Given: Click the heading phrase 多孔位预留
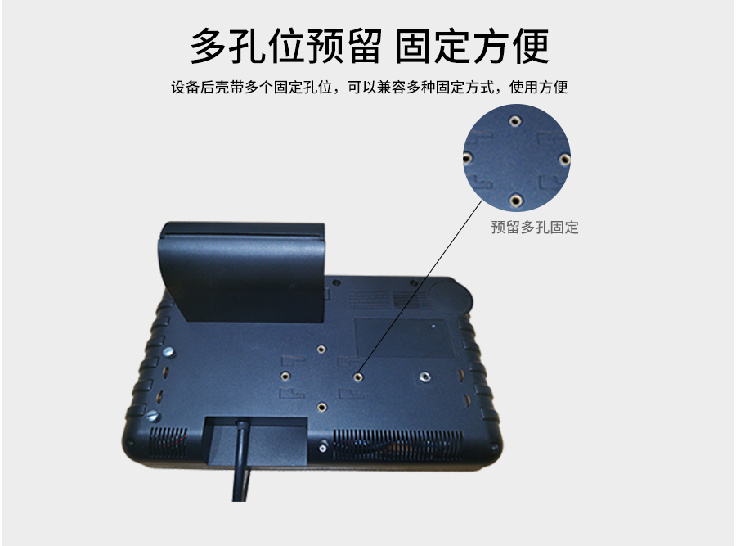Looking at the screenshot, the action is point(286,46).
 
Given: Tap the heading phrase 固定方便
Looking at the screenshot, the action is point(472,46).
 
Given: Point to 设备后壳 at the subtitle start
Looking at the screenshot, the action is point(200,87).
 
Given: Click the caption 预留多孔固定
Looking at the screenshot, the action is point(535,228).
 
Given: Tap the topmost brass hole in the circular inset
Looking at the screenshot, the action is point(515,121).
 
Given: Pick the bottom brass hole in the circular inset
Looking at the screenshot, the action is point(515,201).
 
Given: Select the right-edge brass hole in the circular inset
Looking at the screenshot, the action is point(564,160).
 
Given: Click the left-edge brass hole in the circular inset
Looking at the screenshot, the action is point(467,158).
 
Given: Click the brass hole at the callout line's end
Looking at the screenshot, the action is point(358,377).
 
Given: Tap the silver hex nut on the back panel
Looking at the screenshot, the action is point(424,377).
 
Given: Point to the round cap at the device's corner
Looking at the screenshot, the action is point(450,296).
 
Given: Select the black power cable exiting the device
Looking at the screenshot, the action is point(241,461).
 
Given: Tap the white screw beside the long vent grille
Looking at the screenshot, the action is point(323,448).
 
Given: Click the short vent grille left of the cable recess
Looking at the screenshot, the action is point(168,442).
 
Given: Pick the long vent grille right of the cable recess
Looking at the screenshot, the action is point(397,444).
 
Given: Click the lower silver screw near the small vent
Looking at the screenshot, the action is point(153,416).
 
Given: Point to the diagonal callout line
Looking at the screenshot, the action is point(420,287).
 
